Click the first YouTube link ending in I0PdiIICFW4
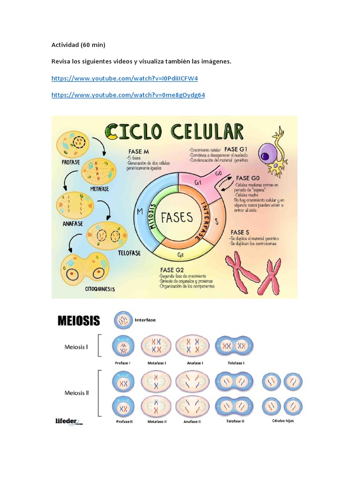coord(124,78)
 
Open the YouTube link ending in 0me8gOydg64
coord(128,95)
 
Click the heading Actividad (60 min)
coord(78,45)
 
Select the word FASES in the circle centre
coord(177,217)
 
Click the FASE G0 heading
coord(249,178)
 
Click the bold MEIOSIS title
coord(78,321)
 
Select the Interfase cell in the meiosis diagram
coord(123,320)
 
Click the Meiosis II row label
coord(77,393)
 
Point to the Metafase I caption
coord(157,363)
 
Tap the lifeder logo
coord(69,421)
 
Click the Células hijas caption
coord(282,420)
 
